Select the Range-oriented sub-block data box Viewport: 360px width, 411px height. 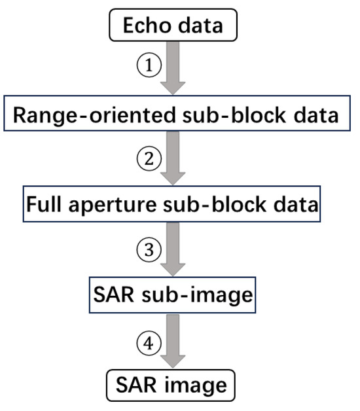(x=175, y=115)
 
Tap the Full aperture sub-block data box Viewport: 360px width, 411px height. (x=172, y=204)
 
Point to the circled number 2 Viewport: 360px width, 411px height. (x=149, y=158)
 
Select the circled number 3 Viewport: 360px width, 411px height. (x=149, y=249)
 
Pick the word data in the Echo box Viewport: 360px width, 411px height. (x=200, y=26)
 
